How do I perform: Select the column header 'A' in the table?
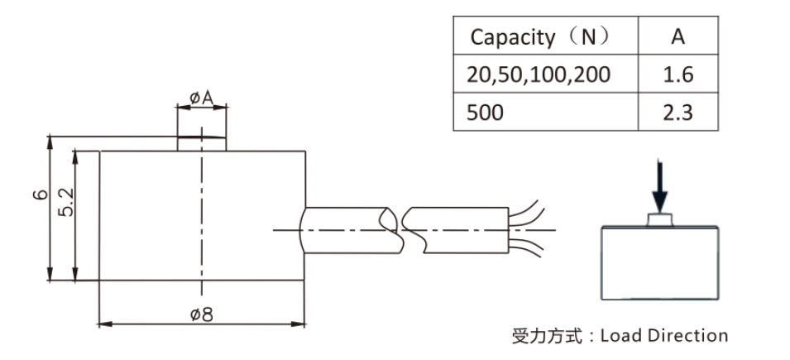click(x=677, y=36)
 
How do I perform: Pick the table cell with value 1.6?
click(x=677, y=74)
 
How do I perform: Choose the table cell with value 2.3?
click(x=677, y=113)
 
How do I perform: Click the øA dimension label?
click(x=201, y=98)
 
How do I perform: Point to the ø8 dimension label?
click(x=201, y=314)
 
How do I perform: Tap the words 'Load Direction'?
click(x=663, y=335)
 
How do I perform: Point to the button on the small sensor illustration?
click(x=659, y=219)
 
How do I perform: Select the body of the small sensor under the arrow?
click(x=659, y=263)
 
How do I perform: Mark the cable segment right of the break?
click(x=459, y=228)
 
